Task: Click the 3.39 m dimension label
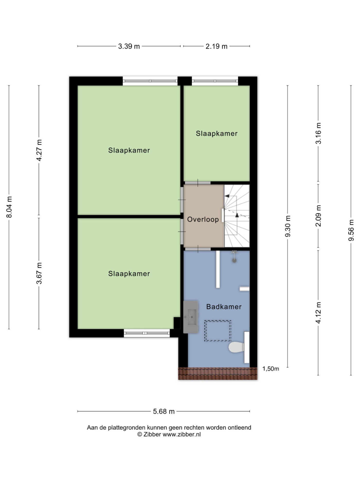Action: [129, 46]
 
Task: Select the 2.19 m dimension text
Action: [217, 46]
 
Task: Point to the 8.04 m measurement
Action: [9, 207]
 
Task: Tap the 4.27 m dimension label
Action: [39, 150]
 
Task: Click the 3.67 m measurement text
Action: [39, 273]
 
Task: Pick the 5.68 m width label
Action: [164, 411]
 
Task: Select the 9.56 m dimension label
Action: [351, 230]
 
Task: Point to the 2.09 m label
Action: [319, 216]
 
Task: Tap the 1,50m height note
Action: [271, 369]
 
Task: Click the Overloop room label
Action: [203, 219]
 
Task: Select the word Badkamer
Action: [224, 306]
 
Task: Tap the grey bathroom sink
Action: [191, 317]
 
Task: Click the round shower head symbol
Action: [234, 260]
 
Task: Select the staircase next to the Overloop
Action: [237, 216]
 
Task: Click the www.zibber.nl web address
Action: [182, 434]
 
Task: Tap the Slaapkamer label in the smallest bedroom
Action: [217, 133]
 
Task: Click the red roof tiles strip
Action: [218, 374]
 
